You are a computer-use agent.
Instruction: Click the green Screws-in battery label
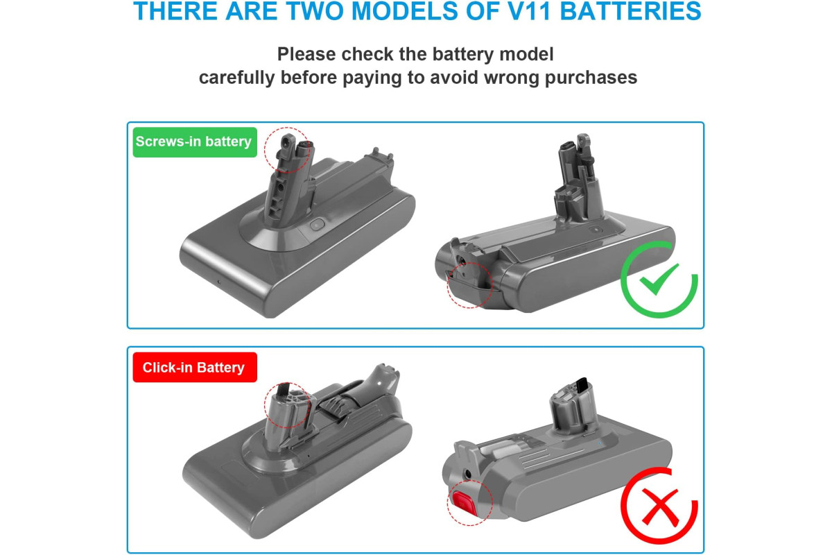195,142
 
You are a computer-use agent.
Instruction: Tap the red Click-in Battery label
195,367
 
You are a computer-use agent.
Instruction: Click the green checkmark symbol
659,279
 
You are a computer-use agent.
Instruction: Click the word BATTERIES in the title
630,11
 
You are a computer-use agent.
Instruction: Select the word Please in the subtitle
306,54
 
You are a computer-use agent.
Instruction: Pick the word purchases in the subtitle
591,78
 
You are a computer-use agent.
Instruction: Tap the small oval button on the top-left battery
317,225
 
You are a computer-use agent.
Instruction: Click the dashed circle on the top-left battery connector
264,149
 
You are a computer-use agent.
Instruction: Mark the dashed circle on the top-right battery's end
447,286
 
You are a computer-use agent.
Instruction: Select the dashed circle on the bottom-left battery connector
264,405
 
